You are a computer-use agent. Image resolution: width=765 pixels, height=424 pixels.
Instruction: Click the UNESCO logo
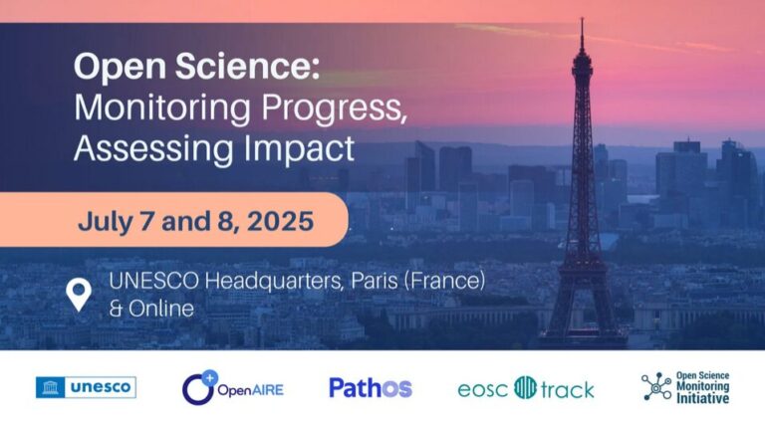86,387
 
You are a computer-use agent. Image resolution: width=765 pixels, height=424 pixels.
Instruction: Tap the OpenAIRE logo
232,388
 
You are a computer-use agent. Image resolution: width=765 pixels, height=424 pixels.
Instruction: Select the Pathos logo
370,387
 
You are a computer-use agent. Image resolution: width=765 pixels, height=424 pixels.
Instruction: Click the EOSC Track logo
525,388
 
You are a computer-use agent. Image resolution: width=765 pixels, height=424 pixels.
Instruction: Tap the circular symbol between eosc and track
525,388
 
